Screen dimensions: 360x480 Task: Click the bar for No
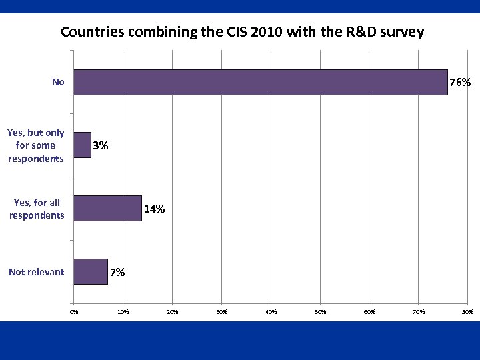click(x=260, y=83)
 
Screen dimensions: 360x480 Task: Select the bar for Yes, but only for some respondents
click(x=82, y=145)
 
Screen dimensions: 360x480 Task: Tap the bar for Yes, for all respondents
click(x=107, y=208)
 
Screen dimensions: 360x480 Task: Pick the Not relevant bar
click(x=91, y=271)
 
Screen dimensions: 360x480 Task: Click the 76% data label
click(x=461, y=83)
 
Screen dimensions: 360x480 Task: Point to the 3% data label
click(x=101, y=145)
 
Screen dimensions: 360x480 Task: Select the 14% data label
click(x=155, y=209)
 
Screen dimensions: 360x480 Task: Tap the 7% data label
click(x=117, y=272)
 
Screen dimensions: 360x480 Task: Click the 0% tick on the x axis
click(x=74, y=311)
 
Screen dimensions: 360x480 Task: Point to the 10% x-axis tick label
click(x=123, y=311)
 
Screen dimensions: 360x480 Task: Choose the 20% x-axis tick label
click(x=172, y=311)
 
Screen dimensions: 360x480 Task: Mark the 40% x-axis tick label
click(x=271, y=311)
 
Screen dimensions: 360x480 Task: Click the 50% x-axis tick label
click(x=320, y=311)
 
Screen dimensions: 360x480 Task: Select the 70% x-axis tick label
click(x=419, y=311)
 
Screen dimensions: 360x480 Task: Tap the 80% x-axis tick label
click(x=467, y=311)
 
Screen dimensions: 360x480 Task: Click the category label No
click(x=58, y=83)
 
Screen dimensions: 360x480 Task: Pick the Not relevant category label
click(x=37, y=272)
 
